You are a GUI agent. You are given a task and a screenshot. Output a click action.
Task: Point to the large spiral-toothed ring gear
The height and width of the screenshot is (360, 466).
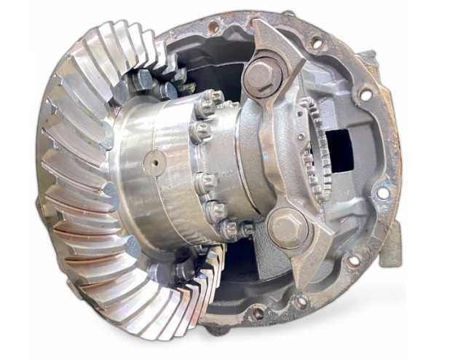click(73, 182)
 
